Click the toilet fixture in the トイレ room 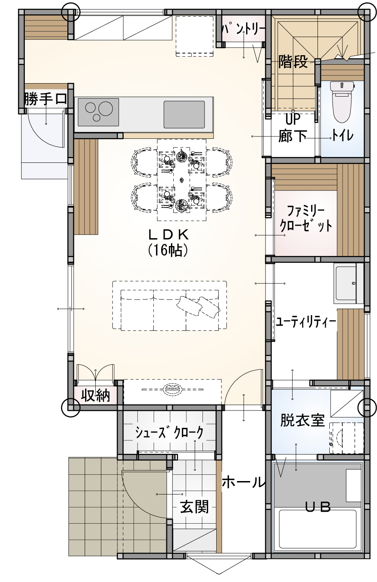pyautogui.click(x=342, y=102)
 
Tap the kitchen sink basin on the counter pyautogui.click(x=184, y=114)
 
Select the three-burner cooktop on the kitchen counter pyautogui.click(x=98, y=112)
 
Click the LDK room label pyautogui.click(x=168, y=235)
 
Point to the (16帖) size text pyautogui.click(x=168, y=250)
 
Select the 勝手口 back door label pyautogui.click(x=46, y=99)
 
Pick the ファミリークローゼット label pyautogui.click(x=306, y=219)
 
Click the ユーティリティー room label pyautogui.click(x=306, y=322)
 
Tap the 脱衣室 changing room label pyautogui.click(x=303, y=420)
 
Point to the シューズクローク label pyautogui.click(x=169, y=433)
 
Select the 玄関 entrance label pyautogui.click(x=195, y=507)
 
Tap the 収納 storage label pyautogui.click(x=95, y=396)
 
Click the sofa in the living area pyautogui.click(x=169, y=310)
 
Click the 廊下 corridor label pyautogui.click(x=293, y=136)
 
